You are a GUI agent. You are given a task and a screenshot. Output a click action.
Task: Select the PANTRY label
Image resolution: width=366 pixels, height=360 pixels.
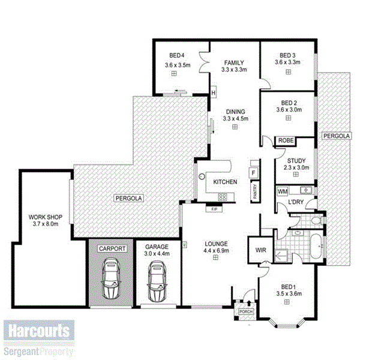(x=255, y=192)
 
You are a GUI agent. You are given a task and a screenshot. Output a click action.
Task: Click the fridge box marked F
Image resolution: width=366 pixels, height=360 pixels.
(x=254, y=172)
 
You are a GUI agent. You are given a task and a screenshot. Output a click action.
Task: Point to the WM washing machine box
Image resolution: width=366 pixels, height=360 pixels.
(x=283, y=191)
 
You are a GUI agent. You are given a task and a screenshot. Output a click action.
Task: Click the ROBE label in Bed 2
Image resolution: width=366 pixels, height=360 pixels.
(x=285, y=142)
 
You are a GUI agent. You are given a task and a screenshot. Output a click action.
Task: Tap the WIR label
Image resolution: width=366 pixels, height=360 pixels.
(x=260, y=250)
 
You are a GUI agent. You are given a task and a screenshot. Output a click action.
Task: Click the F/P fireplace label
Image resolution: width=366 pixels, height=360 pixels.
(x=214, y=209)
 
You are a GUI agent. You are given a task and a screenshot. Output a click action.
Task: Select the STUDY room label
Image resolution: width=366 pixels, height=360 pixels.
(x=297, y=160)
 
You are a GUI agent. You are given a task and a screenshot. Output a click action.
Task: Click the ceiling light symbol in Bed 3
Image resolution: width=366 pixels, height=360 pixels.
(x=288, y=72)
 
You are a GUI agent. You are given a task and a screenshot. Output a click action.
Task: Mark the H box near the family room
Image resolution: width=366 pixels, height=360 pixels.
(x=213, y=92)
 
